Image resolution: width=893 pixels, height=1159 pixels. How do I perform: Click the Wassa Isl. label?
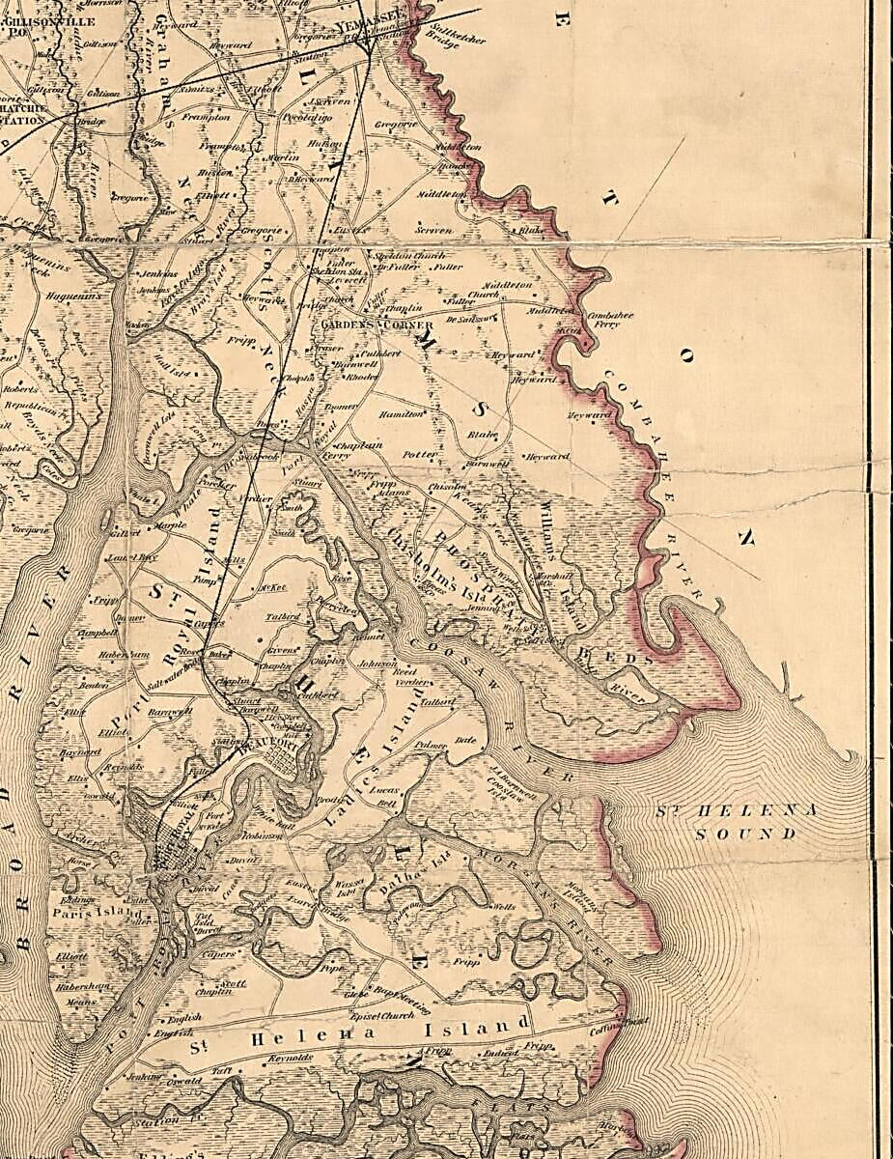[347, 886]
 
